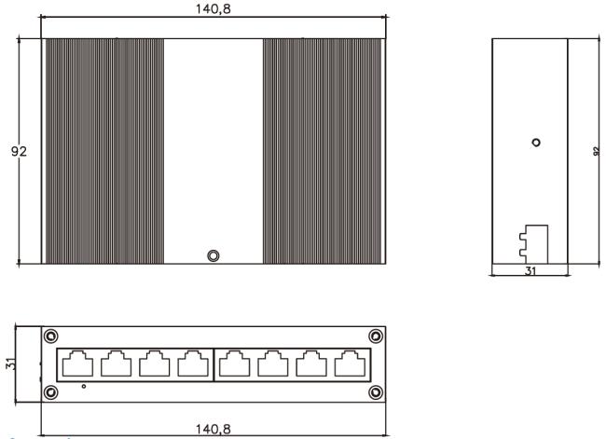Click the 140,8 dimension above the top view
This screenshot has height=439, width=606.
pyautogui.click(x=213, y=8)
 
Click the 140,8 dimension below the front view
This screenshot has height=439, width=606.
pyautogui.click(x=213, y=428)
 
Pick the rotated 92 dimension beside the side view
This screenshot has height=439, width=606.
pyautogui.click(x=596, y=152)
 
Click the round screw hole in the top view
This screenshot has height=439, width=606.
pyautogui.click(x=213, y=255)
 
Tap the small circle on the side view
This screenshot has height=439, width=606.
pyautogui.click(x=535, y=143)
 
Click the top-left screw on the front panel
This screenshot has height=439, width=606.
pyautogui.click(x=51, y=336)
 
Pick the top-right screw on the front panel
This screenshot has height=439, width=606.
pyautogui.click(x=376, y=336)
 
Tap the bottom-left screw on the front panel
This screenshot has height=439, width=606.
pyautogui.click(x=51, y=391)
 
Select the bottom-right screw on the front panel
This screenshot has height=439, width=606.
pyautogui.click(x=376, y=391)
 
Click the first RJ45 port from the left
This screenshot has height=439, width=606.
pyautogui.click(x=76, y=363)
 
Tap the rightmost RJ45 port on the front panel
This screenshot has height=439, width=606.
pyautogui.click(x=350, y=363)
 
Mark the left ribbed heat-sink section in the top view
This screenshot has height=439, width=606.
pyautogui.click(x=103, y=152)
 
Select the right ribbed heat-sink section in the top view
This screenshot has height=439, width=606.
pyautogui.click(x=324, y=152)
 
